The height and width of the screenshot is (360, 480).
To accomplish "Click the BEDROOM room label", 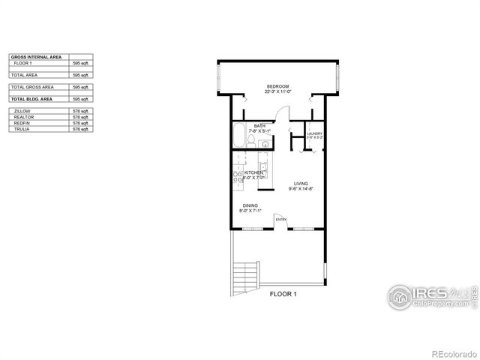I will [x=277, y=87].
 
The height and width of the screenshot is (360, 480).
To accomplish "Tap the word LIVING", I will [x=301, y=183].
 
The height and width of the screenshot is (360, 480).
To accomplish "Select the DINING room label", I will [x=250, y=205].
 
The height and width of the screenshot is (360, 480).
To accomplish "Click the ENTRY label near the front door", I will [x=281, y=220].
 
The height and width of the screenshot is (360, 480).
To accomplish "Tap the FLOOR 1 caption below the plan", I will [x=283, y=295].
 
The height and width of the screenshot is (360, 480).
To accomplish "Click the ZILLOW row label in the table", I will [x=22, y=110].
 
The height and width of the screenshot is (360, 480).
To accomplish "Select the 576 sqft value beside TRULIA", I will [x=79, y=130].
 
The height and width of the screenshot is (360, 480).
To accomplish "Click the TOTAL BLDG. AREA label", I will [x=31, y=99].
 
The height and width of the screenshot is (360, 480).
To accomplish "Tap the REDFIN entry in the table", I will [x=21, y=123].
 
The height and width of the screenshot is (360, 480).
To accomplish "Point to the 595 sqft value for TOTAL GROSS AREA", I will [x=79, y=87].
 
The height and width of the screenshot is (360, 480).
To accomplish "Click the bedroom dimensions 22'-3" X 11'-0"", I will [x=277, y=92].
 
